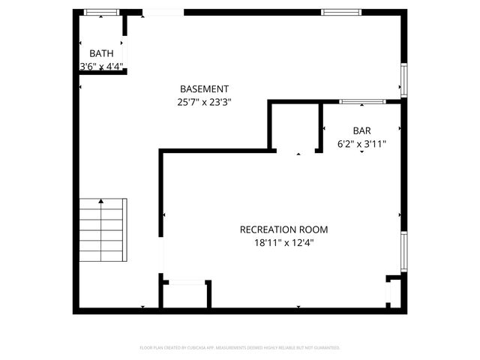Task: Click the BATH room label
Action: [x=102, y=53]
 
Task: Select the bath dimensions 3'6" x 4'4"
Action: [x=102, y=66]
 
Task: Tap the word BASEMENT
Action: [x=204, y=89]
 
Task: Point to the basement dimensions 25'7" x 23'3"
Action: [x=204, y=103]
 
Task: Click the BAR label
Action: [x=361, y=130]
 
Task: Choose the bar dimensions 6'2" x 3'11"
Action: [x=361, y=143]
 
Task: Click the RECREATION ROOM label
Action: [x=283, y=229]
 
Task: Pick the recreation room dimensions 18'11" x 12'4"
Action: [x=283, y=242]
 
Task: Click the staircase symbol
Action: [x=103, y=230]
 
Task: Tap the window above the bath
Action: [x=101, y=12]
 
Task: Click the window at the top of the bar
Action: [x=362, y=101]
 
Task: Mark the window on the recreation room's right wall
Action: [x=403, y=251]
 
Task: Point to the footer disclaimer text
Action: [x=240, y=348]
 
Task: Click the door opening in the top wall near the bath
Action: [x=163, y=12]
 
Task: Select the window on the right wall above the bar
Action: [x=403, y=80]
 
